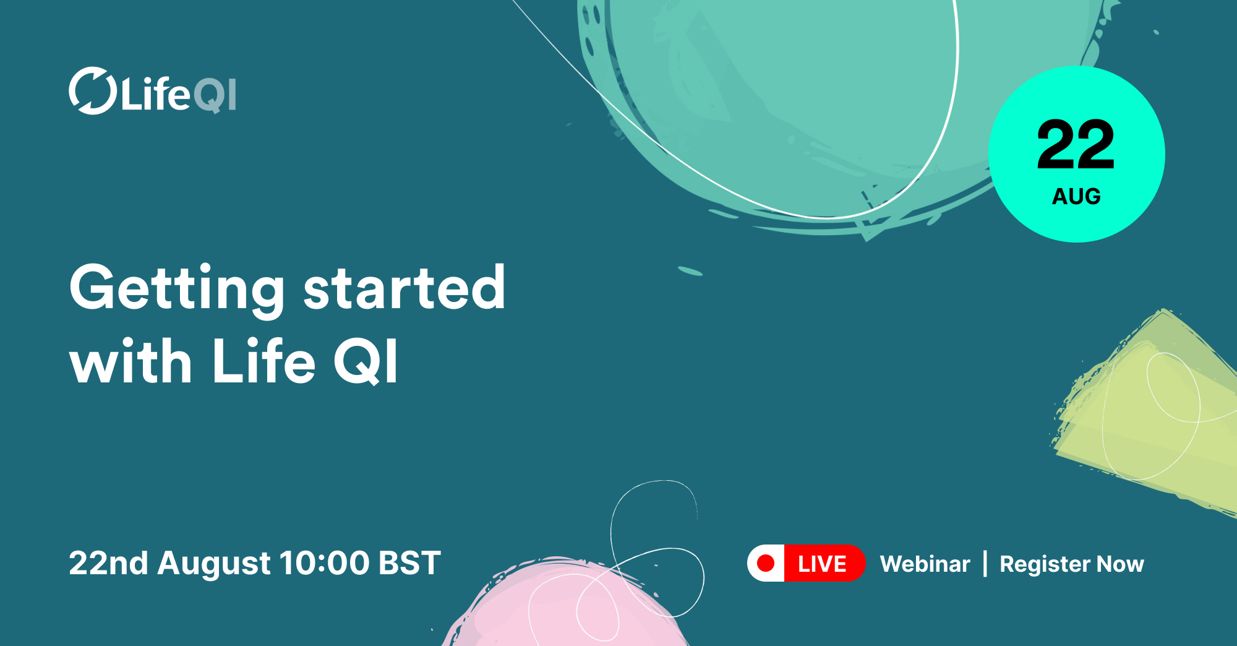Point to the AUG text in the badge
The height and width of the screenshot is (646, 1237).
point(1076,197)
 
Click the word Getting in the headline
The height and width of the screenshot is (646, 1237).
point(177,288)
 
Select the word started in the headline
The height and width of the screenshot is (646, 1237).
point(404,288)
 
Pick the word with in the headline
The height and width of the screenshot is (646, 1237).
point(131,362)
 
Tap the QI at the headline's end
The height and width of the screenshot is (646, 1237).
point(366,362)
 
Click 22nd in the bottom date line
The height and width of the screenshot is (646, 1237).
point(108,563)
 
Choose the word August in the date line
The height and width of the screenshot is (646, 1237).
point(214,563)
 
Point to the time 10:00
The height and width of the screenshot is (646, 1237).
point(324,563)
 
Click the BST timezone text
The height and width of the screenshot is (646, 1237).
point(409,563)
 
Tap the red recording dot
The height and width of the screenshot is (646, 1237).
point(766,563)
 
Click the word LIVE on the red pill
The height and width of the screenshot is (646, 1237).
point(822,564)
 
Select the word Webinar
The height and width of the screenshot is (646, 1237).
point(925,564)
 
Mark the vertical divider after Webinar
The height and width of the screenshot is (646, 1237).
point(985,564)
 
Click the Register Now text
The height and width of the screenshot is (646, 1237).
point(1071,564)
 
